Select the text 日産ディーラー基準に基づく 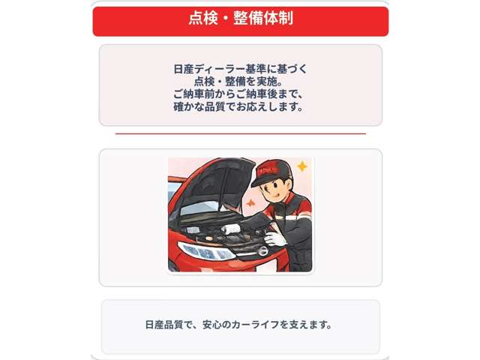click(240, 69)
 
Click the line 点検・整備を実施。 click(240, 82)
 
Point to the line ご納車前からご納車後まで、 click(240, 94)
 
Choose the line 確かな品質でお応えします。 click(240, 107)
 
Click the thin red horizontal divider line click(240, 133)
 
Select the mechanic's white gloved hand click(274, 238)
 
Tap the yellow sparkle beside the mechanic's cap click(301, 166)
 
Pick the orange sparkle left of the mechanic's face click(249, 202)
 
